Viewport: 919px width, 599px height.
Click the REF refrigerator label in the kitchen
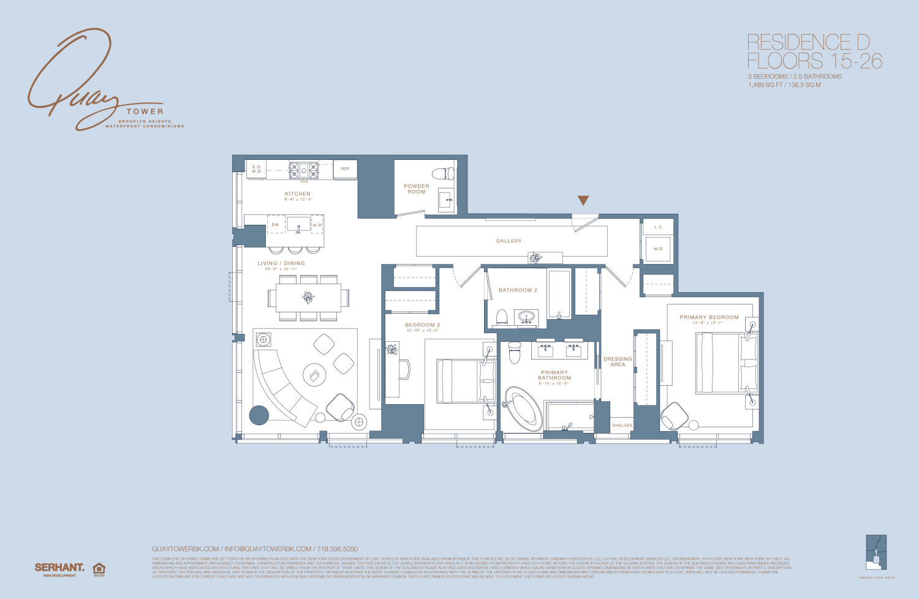tap(345, 169)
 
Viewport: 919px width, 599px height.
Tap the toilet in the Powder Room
tap(442, 173)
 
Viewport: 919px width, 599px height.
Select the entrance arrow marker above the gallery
tap(583, 200)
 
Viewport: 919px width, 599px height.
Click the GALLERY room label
tap(509, 241)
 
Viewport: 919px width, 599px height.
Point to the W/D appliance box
tap(658, 249)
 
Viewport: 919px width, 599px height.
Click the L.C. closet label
tap(658, 227)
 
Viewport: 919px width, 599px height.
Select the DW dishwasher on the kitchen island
tap(276, 225)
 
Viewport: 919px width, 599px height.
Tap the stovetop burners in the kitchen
tap(304, 170)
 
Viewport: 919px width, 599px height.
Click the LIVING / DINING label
tap(281, 263)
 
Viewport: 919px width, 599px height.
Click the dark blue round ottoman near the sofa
tap(259, 415)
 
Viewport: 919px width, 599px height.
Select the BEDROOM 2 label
tap(422, 325)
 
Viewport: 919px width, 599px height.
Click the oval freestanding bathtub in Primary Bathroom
tap(522, 408)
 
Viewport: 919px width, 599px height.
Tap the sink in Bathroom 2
tap(526, 317)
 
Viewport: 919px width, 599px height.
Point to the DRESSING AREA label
tap(618, 362)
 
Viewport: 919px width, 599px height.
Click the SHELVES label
tap(622, 425)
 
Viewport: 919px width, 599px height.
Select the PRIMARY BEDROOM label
tap(709, 317)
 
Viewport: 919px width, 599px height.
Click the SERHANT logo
tap(59, 568)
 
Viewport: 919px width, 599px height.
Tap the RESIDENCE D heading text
tap(808, 42)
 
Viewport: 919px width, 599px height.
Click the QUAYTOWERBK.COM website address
tap(185, 549)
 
